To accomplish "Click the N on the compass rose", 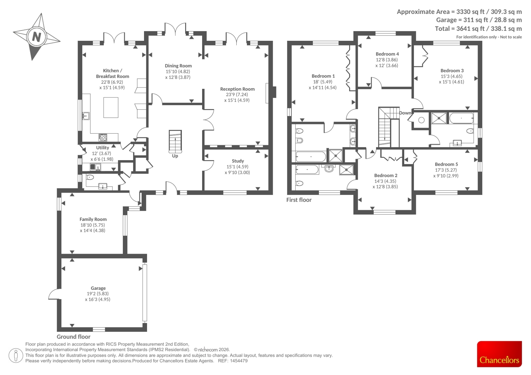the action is [x=37, y=37].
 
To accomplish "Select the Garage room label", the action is [x=98, y=288].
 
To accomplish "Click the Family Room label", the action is [x=93, y=219].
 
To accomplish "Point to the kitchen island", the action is [x=111, y=107].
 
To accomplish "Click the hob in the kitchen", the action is [x=103, y=137].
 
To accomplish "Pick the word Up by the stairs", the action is [x=175, y=156].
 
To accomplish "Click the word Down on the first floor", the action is [x=405, y=113].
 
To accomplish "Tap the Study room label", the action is [x=238, y=161].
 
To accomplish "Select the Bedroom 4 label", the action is [x=387, y=54].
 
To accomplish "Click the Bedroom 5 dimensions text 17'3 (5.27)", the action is [x=446, y=170].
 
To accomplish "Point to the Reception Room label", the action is [x=237, y=89].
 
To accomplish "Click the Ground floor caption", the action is [x=73, y=337].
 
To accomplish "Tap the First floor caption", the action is [x=299, y=200].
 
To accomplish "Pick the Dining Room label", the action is [x=178, y=66].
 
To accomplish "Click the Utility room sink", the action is [x=96, y=167].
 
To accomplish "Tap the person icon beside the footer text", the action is [x=16, y=356].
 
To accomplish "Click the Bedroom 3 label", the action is [x=452, y=71].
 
